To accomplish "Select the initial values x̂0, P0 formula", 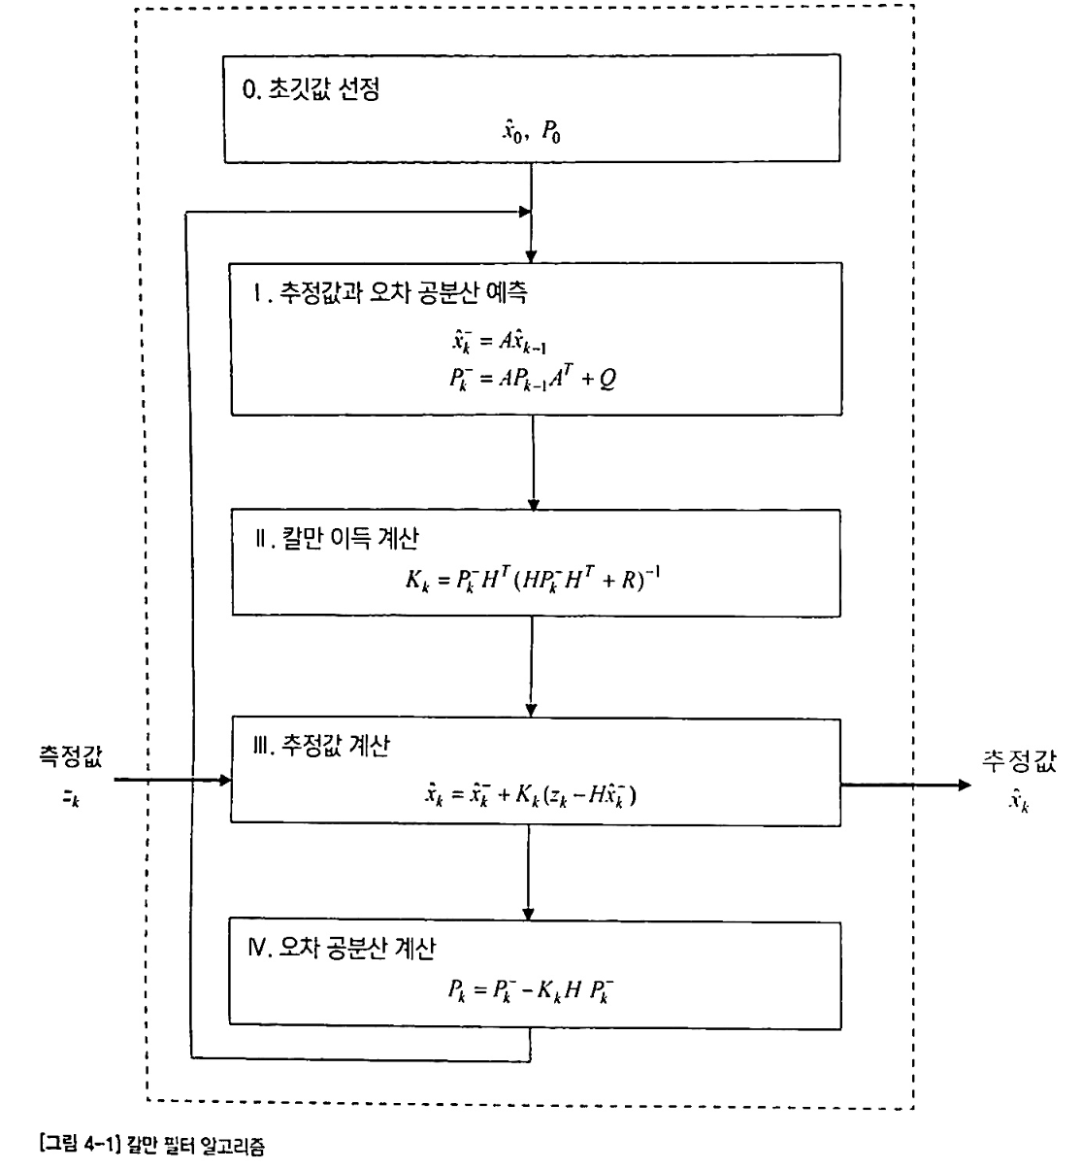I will coord(531,132).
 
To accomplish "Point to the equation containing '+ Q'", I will coord(532,378).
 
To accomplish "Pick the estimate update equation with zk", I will coord(532,795).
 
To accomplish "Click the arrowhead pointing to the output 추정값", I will coord(963,784).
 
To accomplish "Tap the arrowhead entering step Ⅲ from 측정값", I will coord(226,780).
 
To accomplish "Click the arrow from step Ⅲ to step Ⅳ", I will coord(529,869).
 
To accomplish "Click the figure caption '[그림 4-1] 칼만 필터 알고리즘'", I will coord(137,1147).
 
